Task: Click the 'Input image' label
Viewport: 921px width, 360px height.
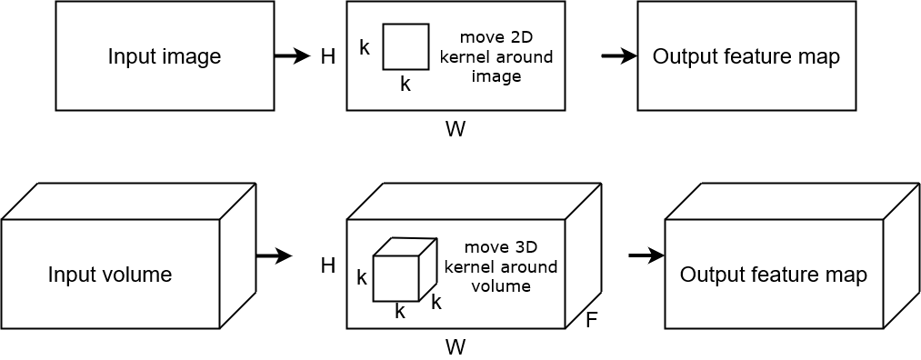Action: point(165,56)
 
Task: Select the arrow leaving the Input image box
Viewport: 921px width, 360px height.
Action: point(292,56)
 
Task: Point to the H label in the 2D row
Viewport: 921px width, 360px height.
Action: point(328,57)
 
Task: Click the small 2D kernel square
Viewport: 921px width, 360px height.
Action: point(405,46)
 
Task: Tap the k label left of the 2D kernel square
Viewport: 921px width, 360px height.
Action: point(365,47)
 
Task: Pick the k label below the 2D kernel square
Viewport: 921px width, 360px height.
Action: point(405,85)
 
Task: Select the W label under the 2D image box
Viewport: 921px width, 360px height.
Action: point(455,129)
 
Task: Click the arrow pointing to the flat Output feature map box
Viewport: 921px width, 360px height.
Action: point(619,56)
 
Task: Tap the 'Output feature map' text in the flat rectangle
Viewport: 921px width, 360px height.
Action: point(746,56)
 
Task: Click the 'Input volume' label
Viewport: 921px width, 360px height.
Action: point(110,274)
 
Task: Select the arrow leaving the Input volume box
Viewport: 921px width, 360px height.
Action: point(273,256)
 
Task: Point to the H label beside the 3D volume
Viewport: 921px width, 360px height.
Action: point(328,265)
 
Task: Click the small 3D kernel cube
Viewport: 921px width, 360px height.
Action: point(396,276)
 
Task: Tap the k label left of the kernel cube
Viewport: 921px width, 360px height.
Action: point(362,278)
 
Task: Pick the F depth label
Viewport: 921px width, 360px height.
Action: point(592,321)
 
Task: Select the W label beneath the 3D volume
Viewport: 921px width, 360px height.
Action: point(455,346)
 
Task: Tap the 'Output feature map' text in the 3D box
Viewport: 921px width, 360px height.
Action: point(773,274)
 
